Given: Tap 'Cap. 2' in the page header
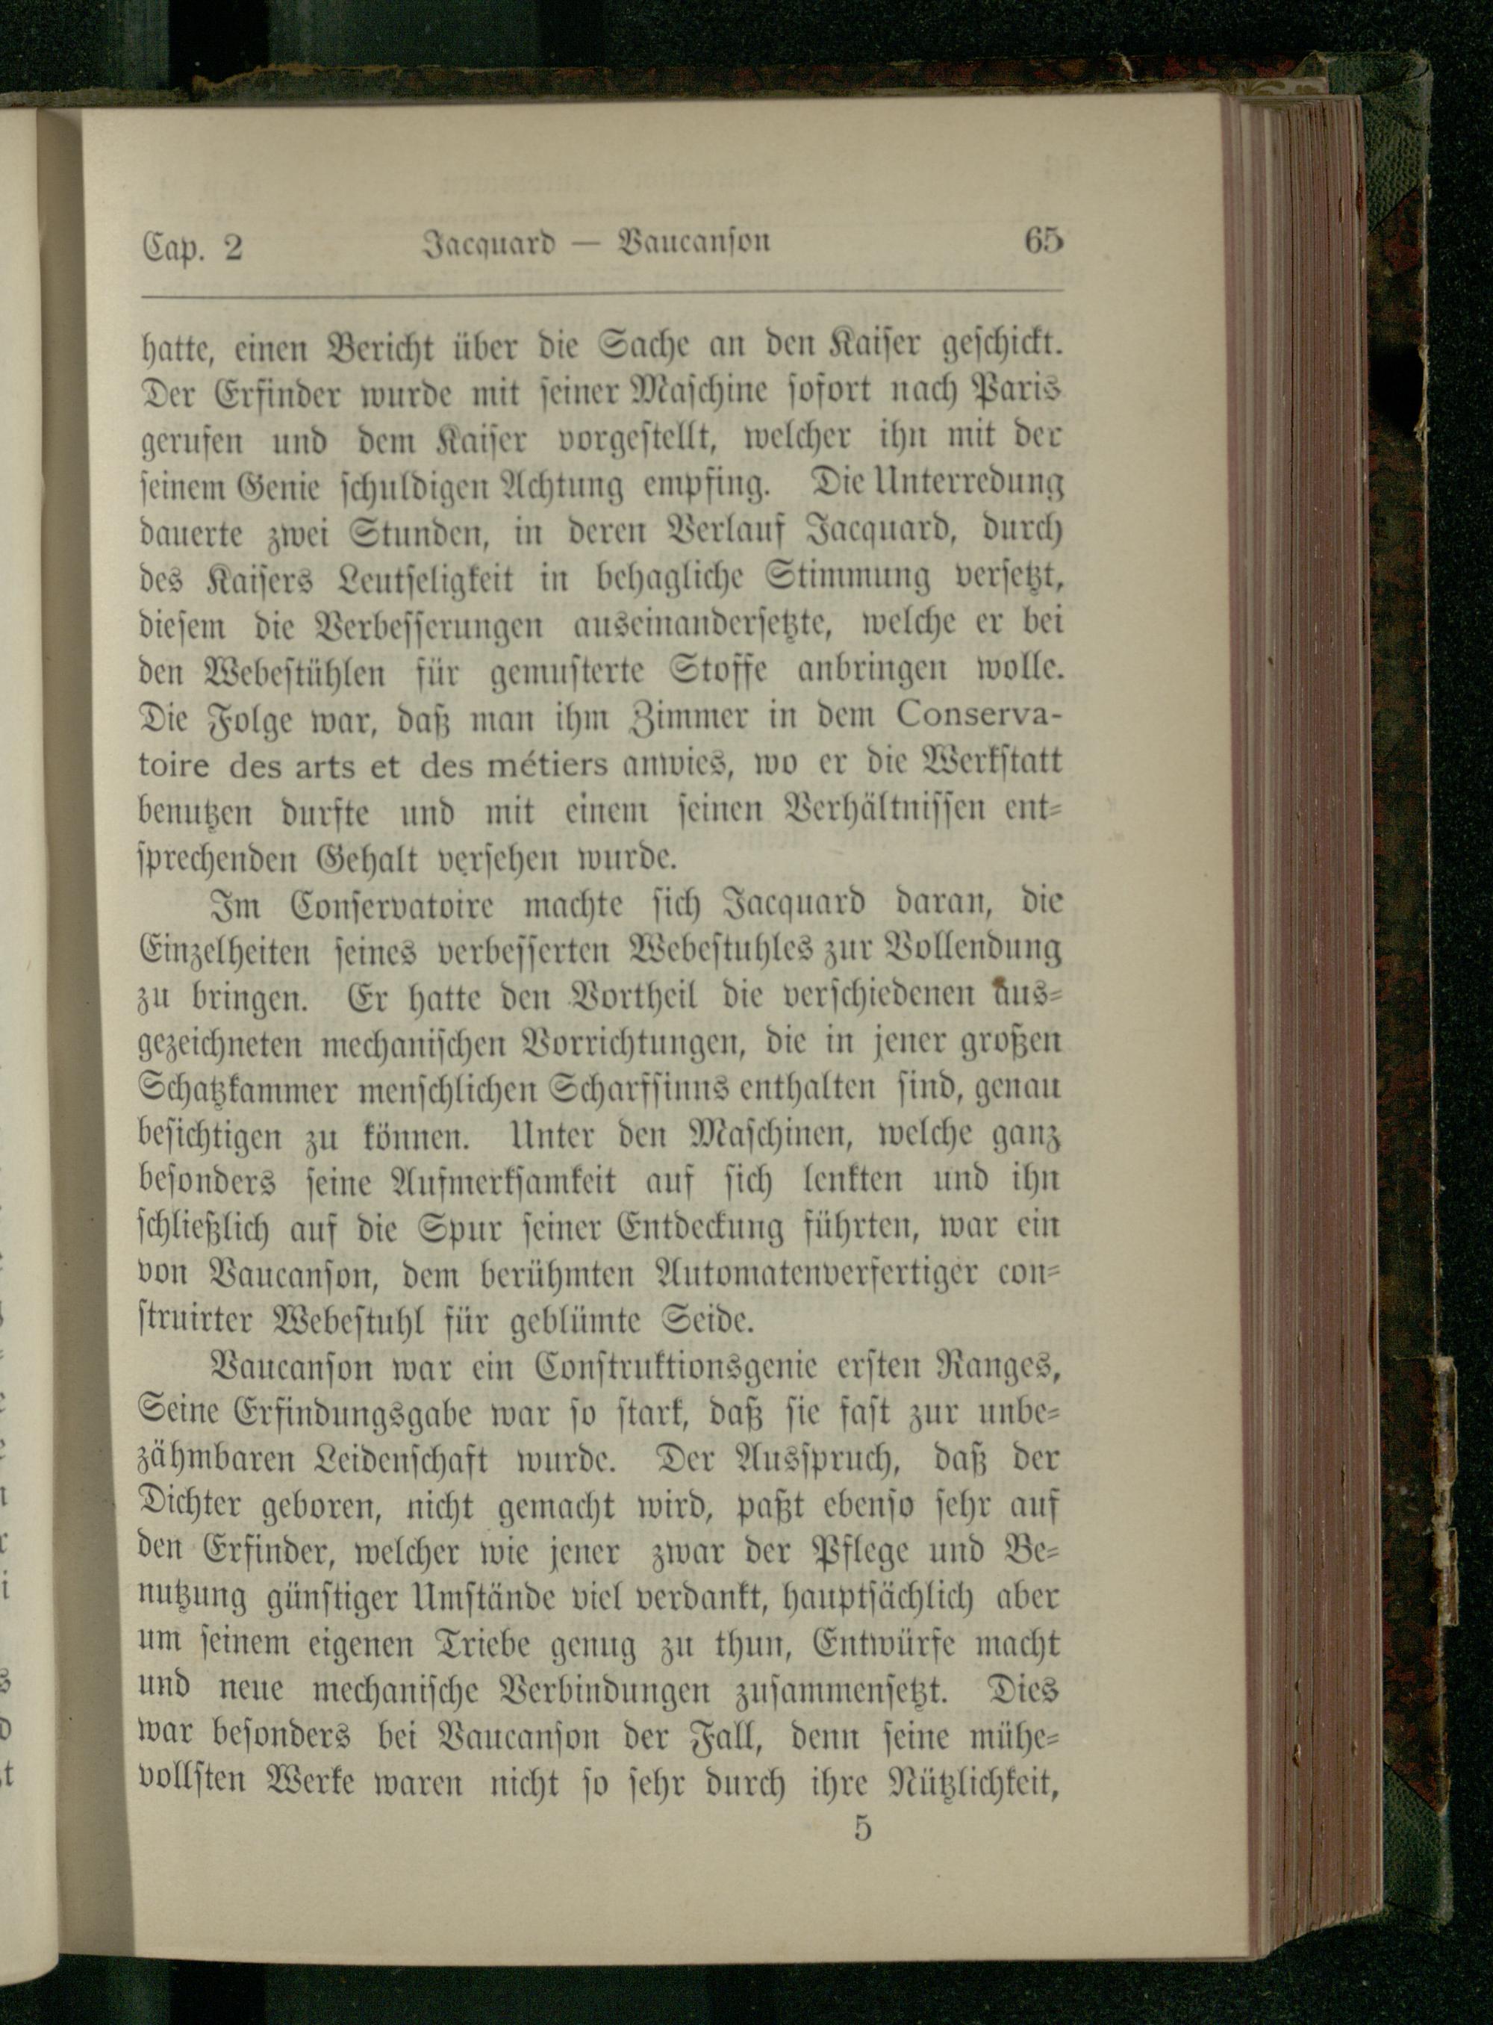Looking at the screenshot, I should click(192, 246).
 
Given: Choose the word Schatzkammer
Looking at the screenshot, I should click(240, 1089).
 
